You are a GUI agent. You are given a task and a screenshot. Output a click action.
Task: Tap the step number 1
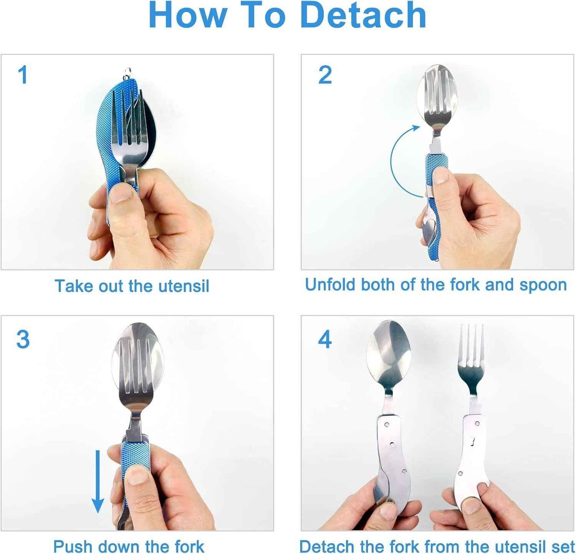pyautogui.click(x=23, y=74)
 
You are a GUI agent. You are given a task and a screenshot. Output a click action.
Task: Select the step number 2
pyautogui.click(x=325, y=74)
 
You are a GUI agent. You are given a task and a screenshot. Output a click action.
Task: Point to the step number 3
pyautogui.click(x=23, y=339)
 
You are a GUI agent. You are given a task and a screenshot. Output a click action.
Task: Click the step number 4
pyautogui.click(x=325, y=339)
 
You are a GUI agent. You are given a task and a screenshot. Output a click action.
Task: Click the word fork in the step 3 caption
pyautogui.click(x=186, y=546)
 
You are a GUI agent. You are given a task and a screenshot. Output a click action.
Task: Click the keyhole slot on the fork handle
pyautogui.click(x=472, y=442)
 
